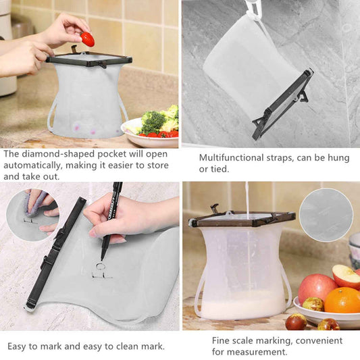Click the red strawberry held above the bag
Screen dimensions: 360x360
87,39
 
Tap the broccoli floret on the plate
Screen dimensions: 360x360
154,122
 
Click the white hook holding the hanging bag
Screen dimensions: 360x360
253,9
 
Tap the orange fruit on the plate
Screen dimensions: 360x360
342,300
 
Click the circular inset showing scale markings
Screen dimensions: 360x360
326,215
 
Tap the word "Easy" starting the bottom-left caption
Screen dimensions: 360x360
18,346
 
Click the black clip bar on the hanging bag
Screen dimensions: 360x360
284,104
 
